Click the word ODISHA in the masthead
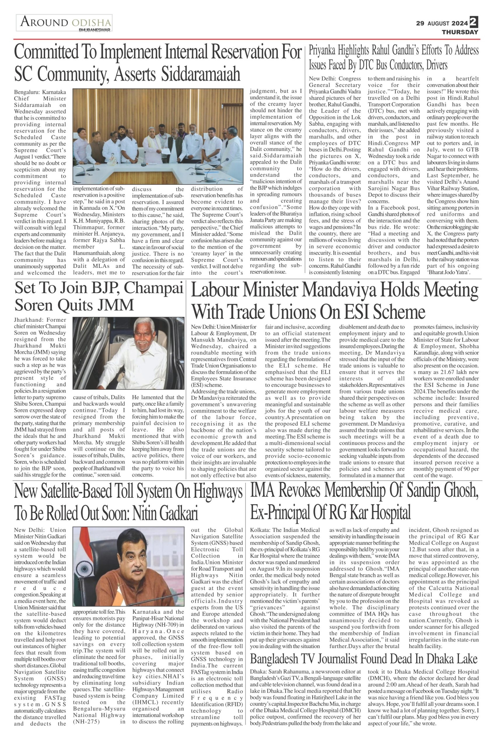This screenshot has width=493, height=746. (91, 23)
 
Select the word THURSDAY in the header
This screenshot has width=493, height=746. (460, 32)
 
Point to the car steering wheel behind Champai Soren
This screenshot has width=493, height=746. (94, 349)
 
